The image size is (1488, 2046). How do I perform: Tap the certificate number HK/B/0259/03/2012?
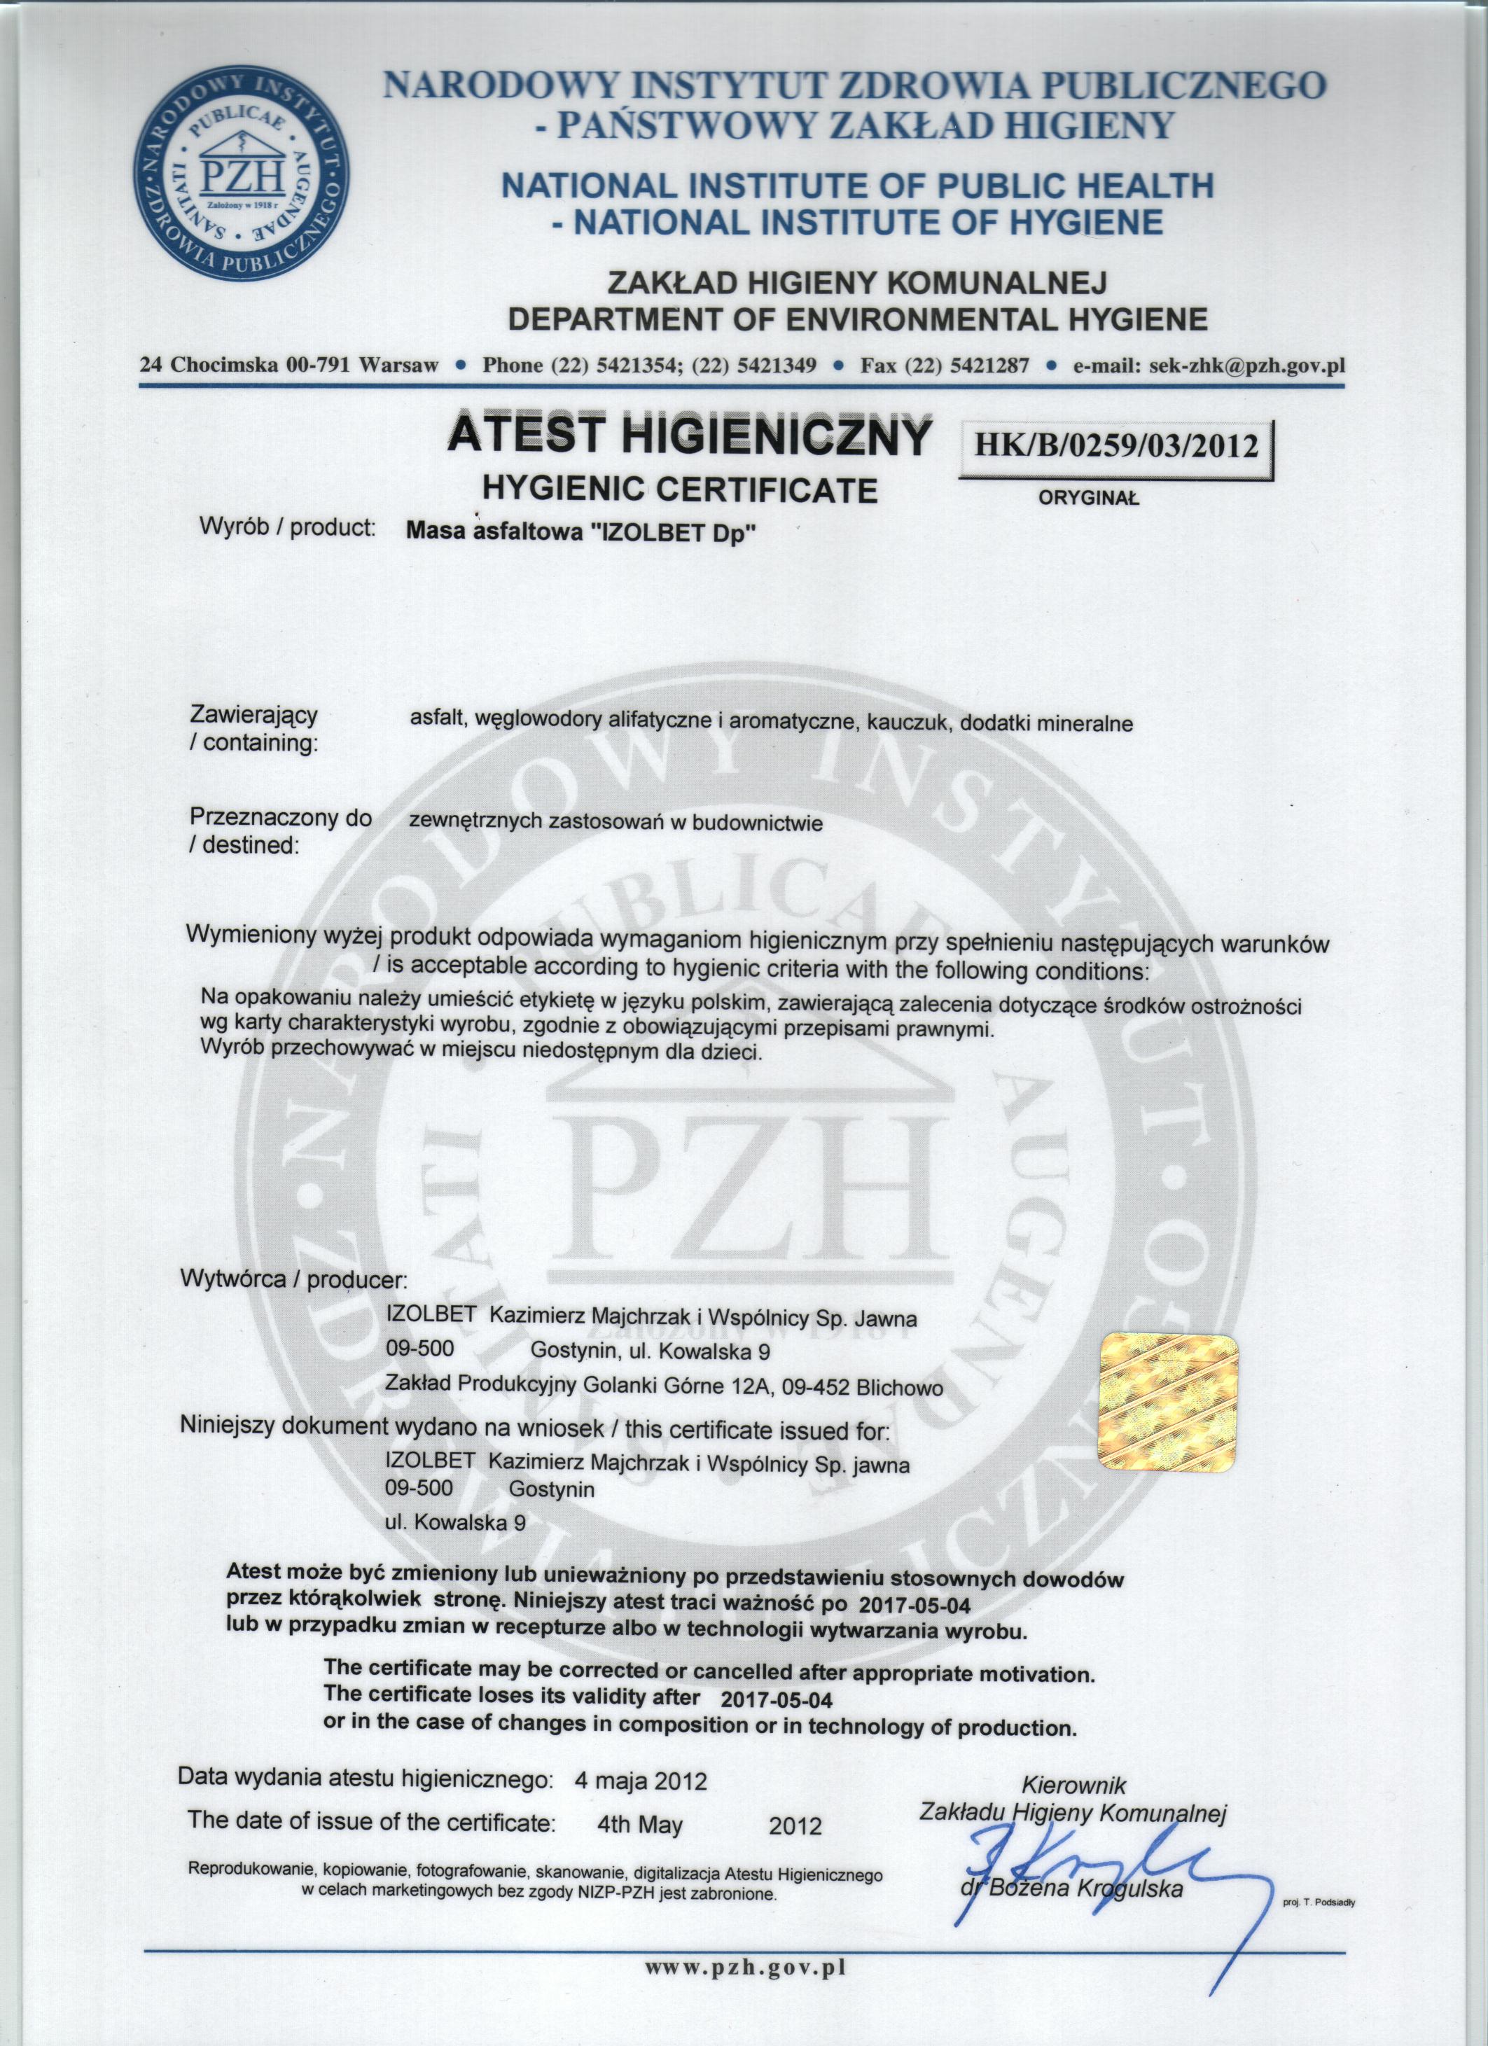tap(1115, 445)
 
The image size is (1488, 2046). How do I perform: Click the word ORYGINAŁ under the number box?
tap(1089, 497)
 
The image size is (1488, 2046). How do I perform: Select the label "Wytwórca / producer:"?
tap(294, 1279)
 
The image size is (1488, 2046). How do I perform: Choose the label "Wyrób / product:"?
tap(287, 529)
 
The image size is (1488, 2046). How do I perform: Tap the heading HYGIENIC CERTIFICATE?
tap(681, 490)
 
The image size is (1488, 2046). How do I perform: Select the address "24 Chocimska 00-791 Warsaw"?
tap(288, 366)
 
